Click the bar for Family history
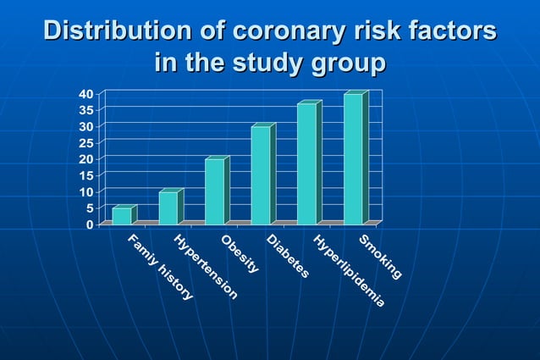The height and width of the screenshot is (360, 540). click(x=122, y=215)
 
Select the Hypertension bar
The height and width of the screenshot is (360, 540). click(x=168, y=208)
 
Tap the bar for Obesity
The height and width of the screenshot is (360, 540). click(x=215, y=191)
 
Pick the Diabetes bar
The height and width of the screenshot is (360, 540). click(x=261, y=174)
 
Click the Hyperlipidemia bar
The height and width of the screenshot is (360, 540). click(x=306, y=163)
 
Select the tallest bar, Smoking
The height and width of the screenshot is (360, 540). click(x=353, y=158)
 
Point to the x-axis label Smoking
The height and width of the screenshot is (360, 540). click(x=379, y=258)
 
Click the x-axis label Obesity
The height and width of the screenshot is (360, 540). click(x=240, y=255)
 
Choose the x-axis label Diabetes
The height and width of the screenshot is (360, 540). click(x=288, y=258)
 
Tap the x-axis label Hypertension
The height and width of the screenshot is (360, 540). click(x=205, y=268)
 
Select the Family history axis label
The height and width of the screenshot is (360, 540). click(x=160, y=268)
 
